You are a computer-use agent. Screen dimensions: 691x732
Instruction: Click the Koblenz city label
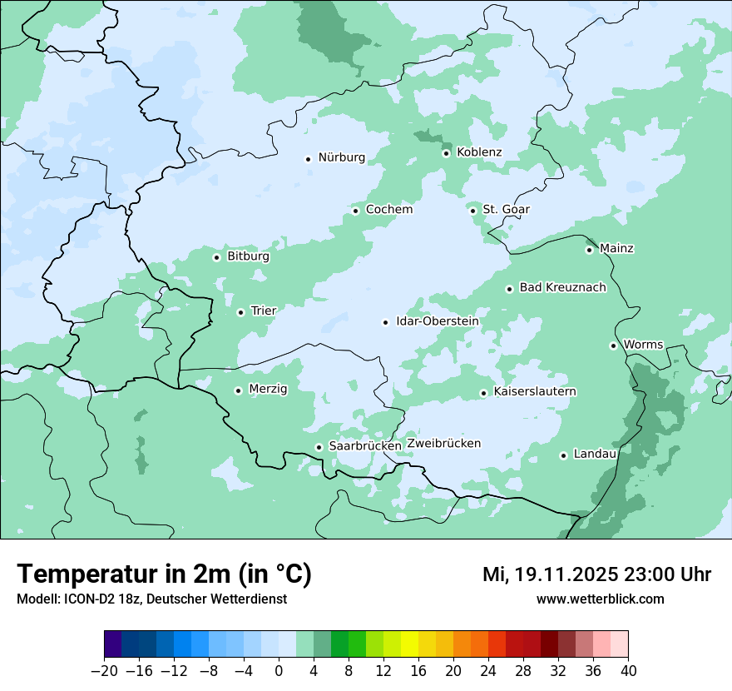(479, 152)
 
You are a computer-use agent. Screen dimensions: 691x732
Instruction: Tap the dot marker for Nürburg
(308, 158)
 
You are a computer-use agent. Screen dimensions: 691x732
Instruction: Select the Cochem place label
(389, 210)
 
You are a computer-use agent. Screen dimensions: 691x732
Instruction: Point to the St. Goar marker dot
(472, 211)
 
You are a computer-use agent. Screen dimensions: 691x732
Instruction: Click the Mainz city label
(616, 249)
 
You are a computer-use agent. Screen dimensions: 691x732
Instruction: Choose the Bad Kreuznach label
(562, 288)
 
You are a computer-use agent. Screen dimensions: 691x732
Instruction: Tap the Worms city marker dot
(613, 345)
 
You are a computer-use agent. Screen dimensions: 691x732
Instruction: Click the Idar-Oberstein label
(437, 321)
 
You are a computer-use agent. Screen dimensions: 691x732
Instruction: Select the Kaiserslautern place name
(535, 392)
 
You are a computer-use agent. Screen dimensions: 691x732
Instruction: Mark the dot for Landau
(563, 455)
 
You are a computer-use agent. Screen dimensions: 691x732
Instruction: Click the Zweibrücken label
(443, 444)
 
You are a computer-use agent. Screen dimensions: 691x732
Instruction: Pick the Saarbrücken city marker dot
(319, 447)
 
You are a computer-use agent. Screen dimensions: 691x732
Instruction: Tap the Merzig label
(268, 390)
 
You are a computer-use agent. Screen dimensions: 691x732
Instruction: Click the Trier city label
(264, 311)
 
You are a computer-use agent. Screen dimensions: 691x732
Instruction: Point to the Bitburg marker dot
(216, 257)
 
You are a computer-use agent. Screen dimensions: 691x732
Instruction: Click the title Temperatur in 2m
(164, 574)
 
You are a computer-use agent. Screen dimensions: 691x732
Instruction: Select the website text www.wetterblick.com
(601, 599)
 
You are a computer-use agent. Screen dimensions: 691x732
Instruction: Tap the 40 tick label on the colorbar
(628, 671)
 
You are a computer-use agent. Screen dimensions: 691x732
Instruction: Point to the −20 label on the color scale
(104, 671)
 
